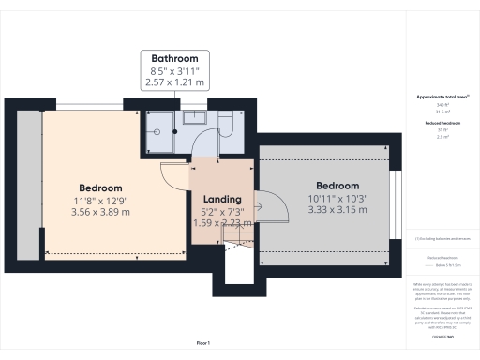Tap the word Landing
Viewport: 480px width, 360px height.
(222, 200)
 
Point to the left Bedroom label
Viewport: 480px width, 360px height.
(100, 187)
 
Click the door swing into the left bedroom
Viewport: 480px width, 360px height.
(175, 174)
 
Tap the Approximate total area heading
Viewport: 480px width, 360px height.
(442, 97)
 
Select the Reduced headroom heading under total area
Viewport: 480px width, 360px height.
(442, 123)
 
